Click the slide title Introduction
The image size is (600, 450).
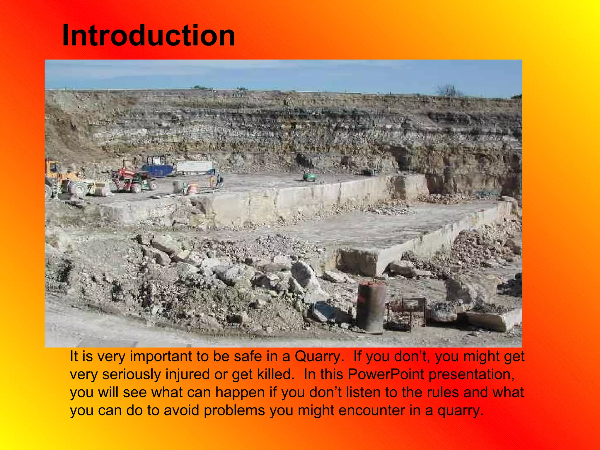(149, 35)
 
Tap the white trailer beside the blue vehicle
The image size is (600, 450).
(195, 167)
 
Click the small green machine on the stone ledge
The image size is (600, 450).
(310, 177)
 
